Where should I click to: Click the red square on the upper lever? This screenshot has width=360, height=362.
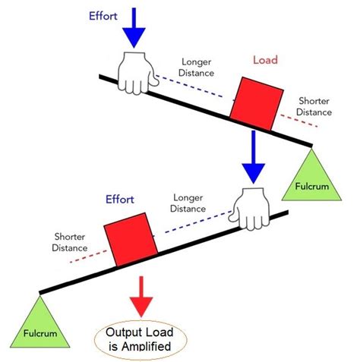254,103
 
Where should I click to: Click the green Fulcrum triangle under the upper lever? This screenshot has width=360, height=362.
312,176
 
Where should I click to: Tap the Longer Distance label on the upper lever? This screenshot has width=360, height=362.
196,68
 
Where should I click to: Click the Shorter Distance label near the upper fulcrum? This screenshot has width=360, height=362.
314,106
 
